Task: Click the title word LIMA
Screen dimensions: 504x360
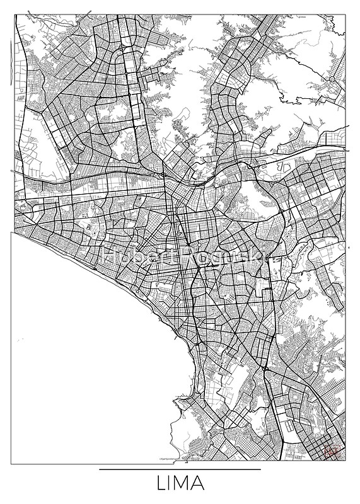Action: [x=180, y=485]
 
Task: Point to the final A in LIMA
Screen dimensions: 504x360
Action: [x=198, y=485]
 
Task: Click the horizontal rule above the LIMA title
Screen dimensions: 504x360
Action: [x=180, y=469]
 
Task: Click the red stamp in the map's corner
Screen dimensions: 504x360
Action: [x=333, y=450]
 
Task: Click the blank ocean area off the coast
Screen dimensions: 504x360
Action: [x=82, y=365]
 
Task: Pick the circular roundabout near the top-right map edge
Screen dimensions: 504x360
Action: [x=332, y=80]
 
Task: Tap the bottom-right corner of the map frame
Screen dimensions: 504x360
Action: [x=347, y=464]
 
